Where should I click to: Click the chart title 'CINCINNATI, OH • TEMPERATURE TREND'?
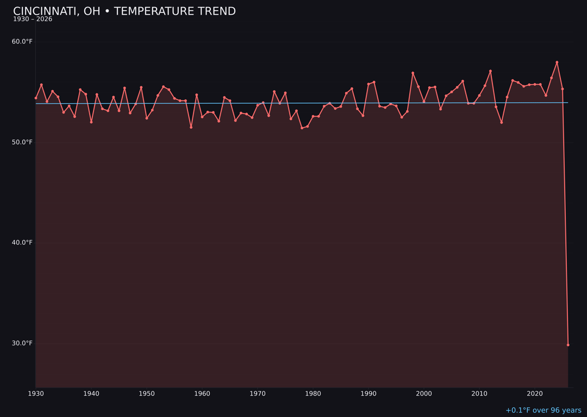[x=124, y=11]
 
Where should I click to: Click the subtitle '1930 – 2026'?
[x=33, y=20]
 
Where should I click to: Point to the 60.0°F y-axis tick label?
[x=22, y=42]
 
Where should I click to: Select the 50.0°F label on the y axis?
[x=22, y=142]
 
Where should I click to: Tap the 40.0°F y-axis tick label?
[x=22, y=243]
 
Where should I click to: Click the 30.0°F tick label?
[x=22, y=343]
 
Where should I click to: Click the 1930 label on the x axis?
[x=36, y=394]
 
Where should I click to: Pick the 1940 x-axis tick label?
[x=91, y=394]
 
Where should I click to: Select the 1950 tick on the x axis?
[x=147, y=394]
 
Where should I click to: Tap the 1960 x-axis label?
[x=202, y=394]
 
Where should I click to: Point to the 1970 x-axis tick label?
[x=258, y=394]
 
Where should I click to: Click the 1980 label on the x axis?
[x=313, y=394]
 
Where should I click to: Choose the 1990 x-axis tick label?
[x=369, y=394]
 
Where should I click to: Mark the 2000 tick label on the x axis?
[x=424, y=394]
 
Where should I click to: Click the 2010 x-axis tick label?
[x=479, y=394]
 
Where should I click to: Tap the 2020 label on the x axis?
[x=535, y=394]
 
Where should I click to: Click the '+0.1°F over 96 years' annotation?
[x=543, y=410]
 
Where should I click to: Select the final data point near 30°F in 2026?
[x=568, y=345]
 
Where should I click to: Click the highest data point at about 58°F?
[x=557, y=62]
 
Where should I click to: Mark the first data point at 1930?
[x=36, y=98]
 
